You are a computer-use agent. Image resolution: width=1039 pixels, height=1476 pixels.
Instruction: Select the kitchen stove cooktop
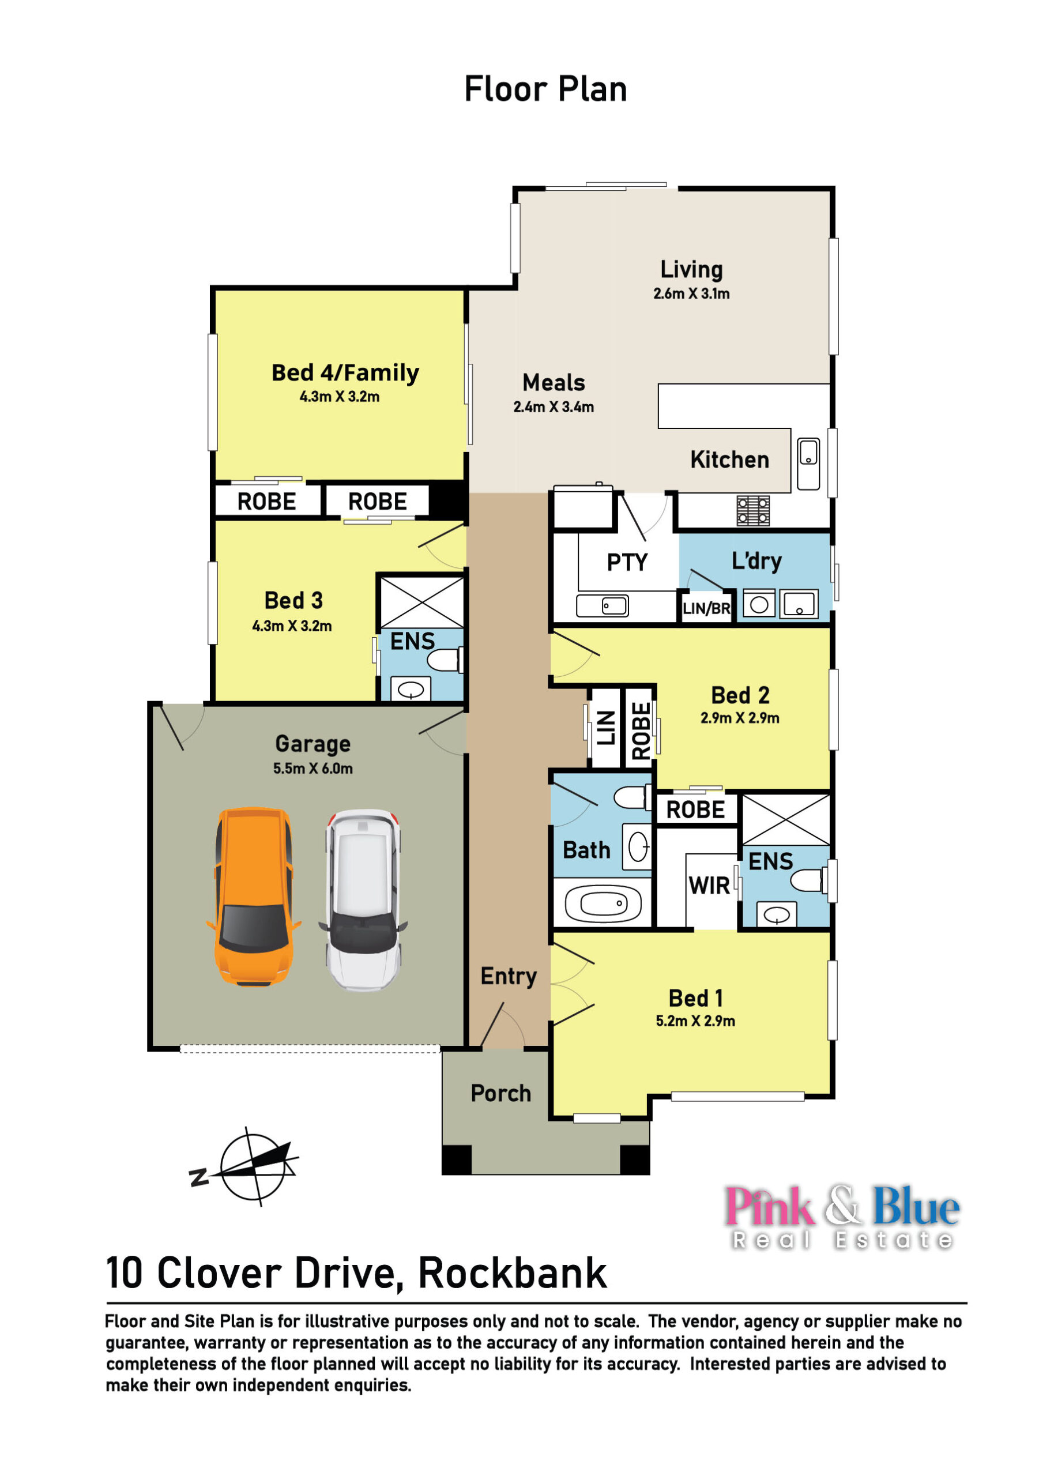point(753,510)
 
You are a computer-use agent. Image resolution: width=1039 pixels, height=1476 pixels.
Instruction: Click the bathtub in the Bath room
point(603,902)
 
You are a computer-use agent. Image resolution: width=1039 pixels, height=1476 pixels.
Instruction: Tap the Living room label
point(691,269)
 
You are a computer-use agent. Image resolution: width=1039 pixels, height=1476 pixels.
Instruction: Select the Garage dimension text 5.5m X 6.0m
point(313,768)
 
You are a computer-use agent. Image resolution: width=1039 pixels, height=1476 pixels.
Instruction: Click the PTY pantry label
point(627,563)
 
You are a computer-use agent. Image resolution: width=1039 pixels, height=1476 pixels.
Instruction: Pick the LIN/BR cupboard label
point(706,608)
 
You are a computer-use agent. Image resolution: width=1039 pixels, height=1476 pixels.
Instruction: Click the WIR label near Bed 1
point(709,886)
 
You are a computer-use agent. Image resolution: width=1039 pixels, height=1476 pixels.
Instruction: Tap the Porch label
point(501,1093)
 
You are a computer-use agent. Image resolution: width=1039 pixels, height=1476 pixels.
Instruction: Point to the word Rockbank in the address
point(513,1274)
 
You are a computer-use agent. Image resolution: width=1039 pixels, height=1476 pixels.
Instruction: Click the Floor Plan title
point(545,89)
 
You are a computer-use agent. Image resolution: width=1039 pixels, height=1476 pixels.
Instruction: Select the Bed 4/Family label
point(345,373)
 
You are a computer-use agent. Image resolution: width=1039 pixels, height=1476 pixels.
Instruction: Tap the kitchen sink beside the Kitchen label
point(808,464)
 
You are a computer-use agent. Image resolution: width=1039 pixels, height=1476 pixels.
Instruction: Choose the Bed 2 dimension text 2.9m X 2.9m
point(740,718)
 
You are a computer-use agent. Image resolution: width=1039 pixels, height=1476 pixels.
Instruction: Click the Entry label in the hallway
point(509,976)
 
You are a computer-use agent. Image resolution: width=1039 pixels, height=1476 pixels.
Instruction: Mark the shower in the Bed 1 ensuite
point(786,820)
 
